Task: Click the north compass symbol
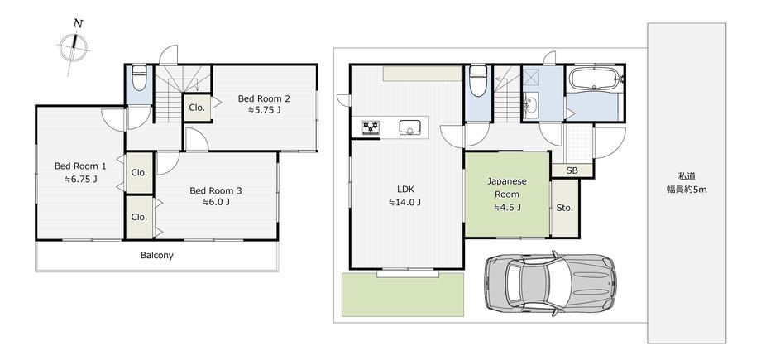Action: pyautogui.click(x=74, y=47)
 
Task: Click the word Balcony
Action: pyautogui.click(x=157, y=255)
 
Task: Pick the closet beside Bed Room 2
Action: pyautogui.click(x=198, y=108)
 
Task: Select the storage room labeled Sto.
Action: pyautogui.click(x=565, y=209)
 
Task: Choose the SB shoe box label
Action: pyautogui.click(x=572, y=170)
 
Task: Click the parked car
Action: pyautogui.click(x=550, y=283)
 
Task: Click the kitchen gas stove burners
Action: pyautogui.click(x=371, y=127)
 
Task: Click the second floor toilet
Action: pyautogui.click(x=139, y=78)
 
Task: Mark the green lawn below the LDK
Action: pyautogui.click(x=403, y=295)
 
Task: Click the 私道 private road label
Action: pyautogui.click(x=687, y=176)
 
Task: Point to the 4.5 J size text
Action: pyautogui.click(x=507, y=208)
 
